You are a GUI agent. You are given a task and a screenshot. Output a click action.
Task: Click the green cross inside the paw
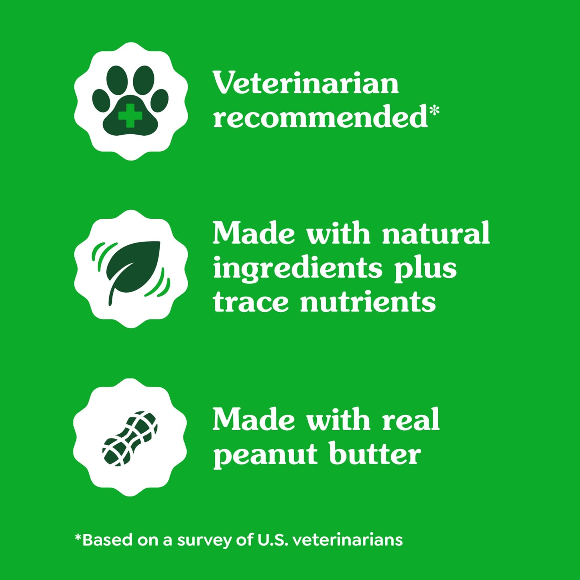coord(130,116)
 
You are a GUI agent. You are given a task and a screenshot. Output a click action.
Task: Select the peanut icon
coord(130,438)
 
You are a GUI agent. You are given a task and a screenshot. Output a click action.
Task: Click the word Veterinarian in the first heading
coord(305,83)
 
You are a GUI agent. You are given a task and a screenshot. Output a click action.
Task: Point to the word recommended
coord(320,117)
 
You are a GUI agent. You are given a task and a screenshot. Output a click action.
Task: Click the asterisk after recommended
coord(434,111)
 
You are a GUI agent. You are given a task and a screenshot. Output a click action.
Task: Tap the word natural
coord(436,233)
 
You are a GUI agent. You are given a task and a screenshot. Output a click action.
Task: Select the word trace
coord(250,302)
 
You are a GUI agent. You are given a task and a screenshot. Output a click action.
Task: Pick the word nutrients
coord(368,302)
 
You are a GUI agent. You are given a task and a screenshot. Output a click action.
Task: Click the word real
coord(411,420)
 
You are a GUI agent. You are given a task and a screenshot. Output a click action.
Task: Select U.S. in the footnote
coord(273,540)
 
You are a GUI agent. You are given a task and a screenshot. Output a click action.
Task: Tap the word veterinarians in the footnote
coord(348,540)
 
